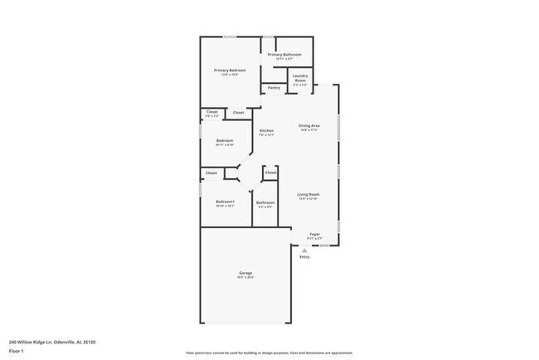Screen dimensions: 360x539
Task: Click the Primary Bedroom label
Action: tap(230, 71)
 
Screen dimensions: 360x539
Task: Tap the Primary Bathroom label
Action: tap(284, 55)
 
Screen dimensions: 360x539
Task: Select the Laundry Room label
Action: tap(300, 78)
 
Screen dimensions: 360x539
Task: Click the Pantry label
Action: tap(273, 87)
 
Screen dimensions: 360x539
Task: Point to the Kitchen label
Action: tap(266, 131)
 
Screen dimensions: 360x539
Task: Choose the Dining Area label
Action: tap(309, 125)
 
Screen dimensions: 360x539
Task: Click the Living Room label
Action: tap(308, 194)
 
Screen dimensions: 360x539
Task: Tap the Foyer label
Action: tap(314, 234)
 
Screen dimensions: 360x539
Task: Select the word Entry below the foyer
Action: tap(304, 256)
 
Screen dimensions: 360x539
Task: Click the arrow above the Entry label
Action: tap(304, 249)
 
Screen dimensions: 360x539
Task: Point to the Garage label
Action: tap(245, 273)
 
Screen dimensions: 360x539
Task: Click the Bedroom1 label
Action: tap(225, 202)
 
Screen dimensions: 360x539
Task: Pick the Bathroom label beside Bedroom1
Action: tap(265, 202)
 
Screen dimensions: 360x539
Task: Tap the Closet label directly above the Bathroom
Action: tap(270, 173)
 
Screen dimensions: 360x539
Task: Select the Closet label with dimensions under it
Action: tap(211, 112)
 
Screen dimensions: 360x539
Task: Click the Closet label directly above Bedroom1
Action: tap(211, 173)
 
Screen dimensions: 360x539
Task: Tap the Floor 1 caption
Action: tap(16, 351)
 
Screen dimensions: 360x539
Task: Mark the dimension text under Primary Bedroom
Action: tap(230, 75)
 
